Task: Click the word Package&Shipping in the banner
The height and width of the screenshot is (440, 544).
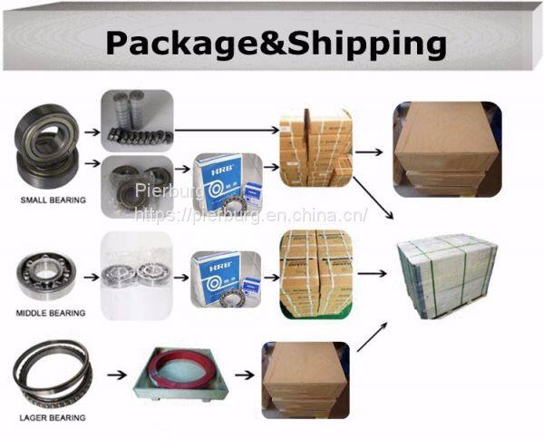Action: click(275, 42)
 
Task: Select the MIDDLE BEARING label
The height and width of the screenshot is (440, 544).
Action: click(52, 313)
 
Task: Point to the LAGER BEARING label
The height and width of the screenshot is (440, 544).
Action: click(53, 417)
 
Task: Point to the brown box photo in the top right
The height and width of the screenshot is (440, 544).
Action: click(446, 149)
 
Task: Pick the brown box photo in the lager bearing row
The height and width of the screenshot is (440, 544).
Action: click(305, 377)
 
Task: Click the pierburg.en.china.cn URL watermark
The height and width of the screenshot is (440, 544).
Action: click(250, 216)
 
